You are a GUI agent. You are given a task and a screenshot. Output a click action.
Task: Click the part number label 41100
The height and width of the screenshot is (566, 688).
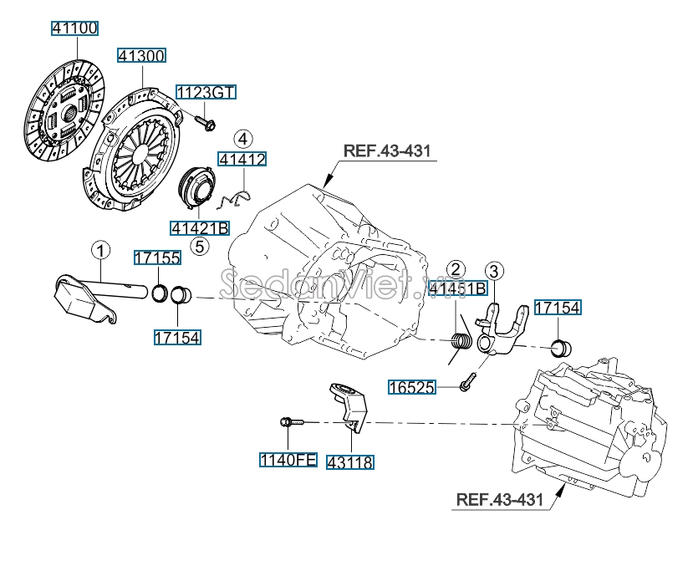[74, 28]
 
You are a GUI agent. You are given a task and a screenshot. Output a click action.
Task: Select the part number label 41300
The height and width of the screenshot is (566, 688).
[140, 55]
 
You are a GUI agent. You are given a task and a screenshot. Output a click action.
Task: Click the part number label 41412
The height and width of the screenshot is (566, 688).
[242, 158]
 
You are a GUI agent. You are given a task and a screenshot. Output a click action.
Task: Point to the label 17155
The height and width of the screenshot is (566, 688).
[158, 258]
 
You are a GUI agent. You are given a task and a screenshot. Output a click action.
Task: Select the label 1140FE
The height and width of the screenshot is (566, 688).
[288, 459]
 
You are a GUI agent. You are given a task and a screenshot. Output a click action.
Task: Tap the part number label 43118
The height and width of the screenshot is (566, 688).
[350, 461]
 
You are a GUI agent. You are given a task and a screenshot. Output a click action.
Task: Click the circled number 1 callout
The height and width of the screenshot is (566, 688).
[100, 250]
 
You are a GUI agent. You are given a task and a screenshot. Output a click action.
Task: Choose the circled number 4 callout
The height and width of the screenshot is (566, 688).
[242, 138]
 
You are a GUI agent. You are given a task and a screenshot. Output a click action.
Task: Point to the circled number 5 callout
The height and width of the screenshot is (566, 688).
[198, 246]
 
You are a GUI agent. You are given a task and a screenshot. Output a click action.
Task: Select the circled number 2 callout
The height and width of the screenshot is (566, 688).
[456, 269]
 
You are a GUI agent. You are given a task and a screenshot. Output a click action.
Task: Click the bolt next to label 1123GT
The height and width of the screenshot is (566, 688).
[206, 122]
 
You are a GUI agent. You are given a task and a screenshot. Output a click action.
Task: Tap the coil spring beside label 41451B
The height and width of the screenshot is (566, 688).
[460, 341]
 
